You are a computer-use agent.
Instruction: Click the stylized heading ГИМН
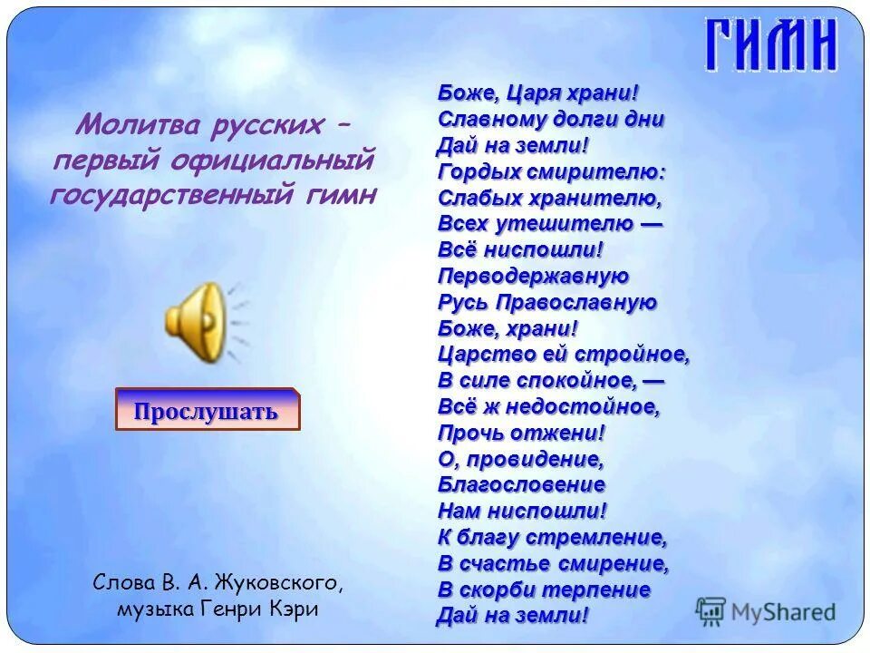click(x=770, y=45)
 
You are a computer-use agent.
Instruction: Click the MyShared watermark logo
click(x=766, y=611)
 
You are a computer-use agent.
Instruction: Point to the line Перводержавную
click(x=533, y=276)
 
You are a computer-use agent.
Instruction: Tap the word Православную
click(x=585, y=302)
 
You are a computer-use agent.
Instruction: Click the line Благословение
click(x=521, y=485)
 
